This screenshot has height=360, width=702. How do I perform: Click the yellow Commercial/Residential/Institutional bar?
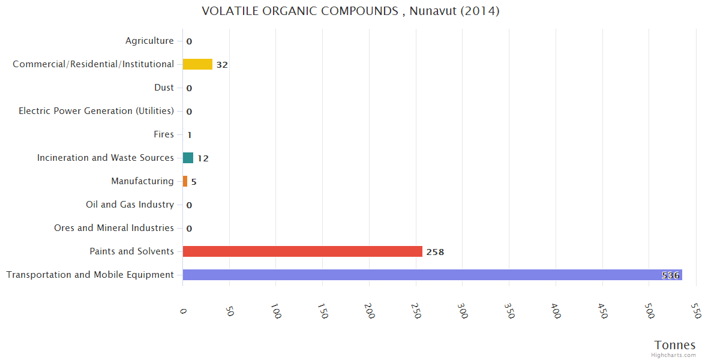[197, 64]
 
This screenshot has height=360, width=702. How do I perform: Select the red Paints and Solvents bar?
[302, 251]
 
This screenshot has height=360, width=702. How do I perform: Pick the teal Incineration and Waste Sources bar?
[188, 158]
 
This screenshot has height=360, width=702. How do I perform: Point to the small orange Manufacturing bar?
[185, 181]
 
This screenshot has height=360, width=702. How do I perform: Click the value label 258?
[435, 252]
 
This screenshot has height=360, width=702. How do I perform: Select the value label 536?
[670, 275]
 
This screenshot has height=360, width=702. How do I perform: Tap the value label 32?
[222, 65]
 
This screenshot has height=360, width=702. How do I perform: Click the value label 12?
[203, 158]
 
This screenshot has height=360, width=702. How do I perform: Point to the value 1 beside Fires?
[189, 135]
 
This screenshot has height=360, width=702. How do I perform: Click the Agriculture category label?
[149, 41]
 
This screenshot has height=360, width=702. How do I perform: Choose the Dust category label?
[164, 88]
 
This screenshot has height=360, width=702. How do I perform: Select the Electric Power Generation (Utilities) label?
[96, 111]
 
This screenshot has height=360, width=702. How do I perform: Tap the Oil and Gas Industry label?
[130, 205]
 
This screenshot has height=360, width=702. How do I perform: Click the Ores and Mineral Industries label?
[114, 228]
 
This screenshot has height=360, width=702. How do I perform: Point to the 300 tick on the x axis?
[463, 311]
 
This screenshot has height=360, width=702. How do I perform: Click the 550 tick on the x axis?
[695, 311]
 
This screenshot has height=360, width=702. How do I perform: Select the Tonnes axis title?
[675, 345]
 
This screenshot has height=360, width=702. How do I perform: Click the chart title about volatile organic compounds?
[350, 11]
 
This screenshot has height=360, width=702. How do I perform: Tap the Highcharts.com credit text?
[674, 355]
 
